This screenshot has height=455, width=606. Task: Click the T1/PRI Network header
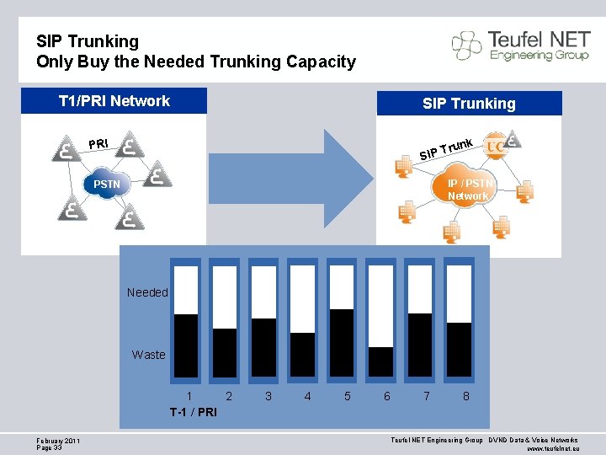(114, 101)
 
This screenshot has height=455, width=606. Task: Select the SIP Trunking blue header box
(469, 104)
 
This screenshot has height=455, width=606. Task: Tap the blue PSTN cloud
(107, 184)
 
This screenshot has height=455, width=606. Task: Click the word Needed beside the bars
(147, 292)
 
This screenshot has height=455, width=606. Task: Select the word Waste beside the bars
(148, 355)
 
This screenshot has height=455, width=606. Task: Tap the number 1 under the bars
(189, 395)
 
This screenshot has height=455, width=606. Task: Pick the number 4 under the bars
(307, 395)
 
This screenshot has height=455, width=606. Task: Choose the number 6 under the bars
(386, 395)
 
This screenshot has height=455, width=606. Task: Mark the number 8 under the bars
(465, 395)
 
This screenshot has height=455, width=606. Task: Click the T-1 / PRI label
(193, 412)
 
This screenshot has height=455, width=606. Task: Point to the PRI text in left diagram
(98, 143)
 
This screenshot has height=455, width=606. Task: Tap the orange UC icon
(496, 143)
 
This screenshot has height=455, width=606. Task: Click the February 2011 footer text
(58, 441)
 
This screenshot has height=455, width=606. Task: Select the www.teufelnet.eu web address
(552, 449)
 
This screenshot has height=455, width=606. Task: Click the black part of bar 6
(381, 361)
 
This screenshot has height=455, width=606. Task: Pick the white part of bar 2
(225, 297)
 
